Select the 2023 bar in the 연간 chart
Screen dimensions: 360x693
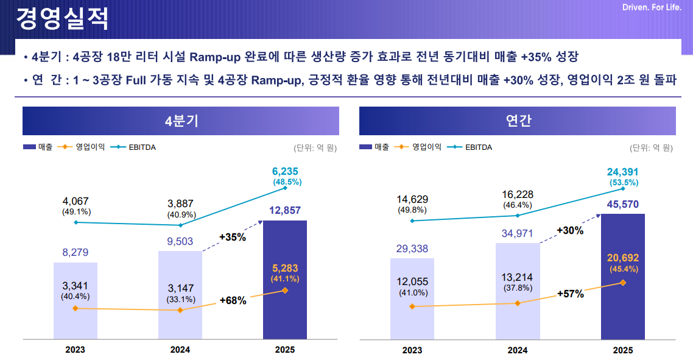click(412, 323)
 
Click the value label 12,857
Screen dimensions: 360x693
click(285, 211)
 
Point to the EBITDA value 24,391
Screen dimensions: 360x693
click(623, 172)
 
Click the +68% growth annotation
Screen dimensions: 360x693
click(233, 300)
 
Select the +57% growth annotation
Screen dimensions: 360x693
click(570, 294)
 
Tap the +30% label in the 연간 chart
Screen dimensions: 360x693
click(570, 231)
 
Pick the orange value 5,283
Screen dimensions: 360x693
click(285, 268)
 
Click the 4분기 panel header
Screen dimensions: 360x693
click(181, 121)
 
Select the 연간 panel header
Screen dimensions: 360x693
click(518, 121)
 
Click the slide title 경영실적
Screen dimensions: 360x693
click(62, 18)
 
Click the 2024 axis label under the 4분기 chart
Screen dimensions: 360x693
click(180, 350)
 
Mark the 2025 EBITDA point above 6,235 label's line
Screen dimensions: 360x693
click(285, 188)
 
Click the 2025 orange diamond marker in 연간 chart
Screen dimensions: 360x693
click(623, 282)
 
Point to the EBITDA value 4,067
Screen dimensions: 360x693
click(76, 201)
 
